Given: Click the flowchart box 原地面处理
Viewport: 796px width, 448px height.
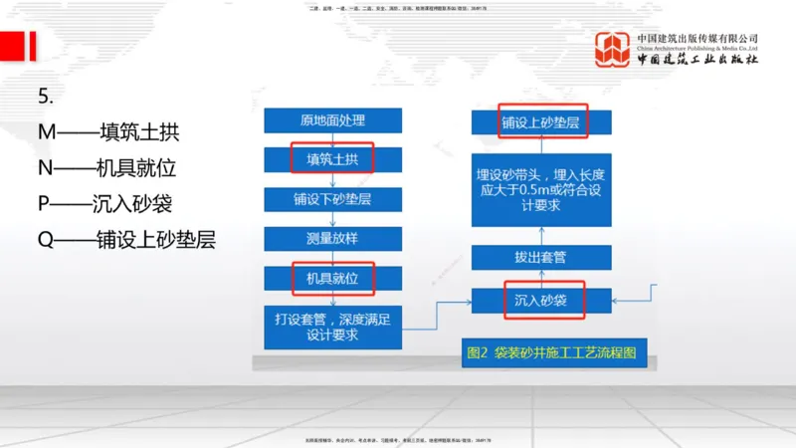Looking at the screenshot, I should (x=332, y=120).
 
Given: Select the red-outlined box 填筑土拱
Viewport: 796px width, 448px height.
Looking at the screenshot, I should (x=332, y=159).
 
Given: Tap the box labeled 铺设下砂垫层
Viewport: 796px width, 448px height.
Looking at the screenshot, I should (x=332, y=198).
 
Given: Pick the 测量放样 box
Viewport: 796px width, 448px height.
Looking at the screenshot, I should (x=332, y=238).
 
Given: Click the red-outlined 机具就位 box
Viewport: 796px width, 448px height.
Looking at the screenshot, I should (x=332, y=277).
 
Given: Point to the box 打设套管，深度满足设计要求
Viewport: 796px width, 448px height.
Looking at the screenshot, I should (x=332, y=327).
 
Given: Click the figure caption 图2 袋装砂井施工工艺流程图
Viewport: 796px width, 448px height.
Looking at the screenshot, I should (x=549, y=352).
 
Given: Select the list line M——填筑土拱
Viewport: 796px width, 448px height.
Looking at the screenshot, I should (x=109, y=132).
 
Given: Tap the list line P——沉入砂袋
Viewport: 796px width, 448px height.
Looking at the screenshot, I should (x=105, y=204).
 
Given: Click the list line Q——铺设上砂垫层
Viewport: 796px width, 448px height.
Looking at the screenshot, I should (x=126, y=239).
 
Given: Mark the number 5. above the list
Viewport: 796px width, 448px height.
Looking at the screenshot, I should (x=45, y=97).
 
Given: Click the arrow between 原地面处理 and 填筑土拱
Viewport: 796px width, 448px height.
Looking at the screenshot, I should (x=332, y=139).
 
